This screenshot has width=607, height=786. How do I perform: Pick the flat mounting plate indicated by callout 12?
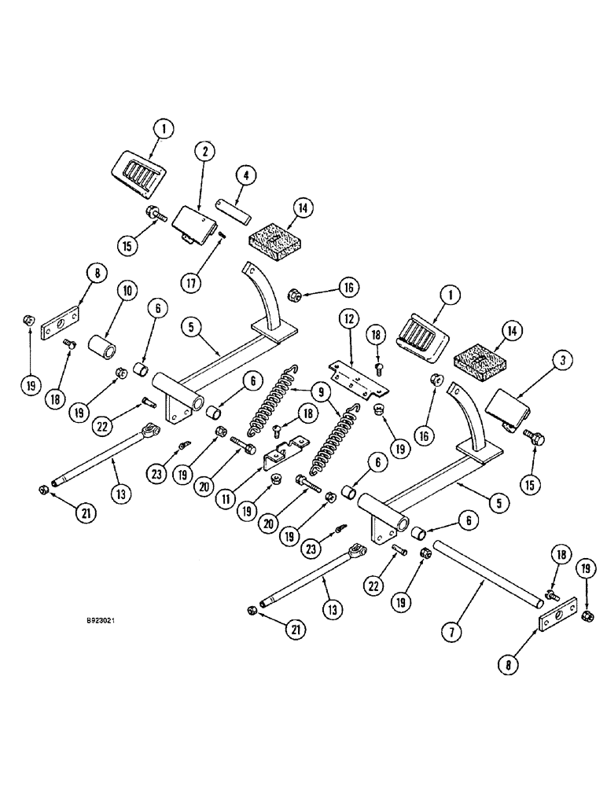click(x=359, y=376)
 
